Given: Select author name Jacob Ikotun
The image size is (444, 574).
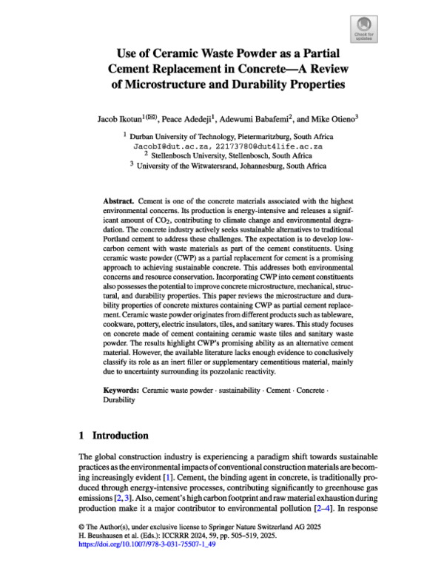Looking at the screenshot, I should (118, 118).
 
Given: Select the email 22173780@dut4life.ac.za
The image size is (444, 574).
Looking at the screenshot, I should (258, 146).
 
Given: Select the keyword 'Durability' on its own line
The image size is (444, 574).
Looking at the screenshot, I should (119, 399).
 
